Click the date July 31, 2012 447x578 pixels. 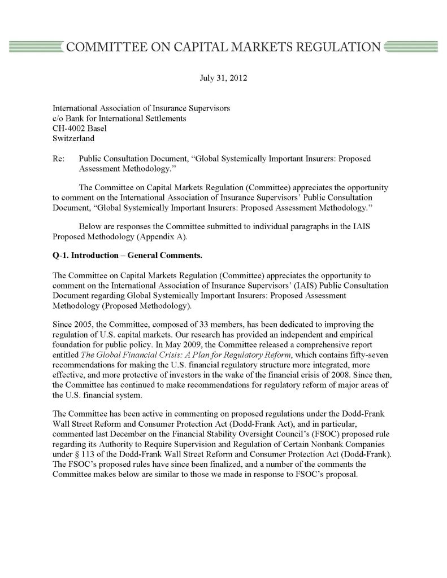pos(223,77)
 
